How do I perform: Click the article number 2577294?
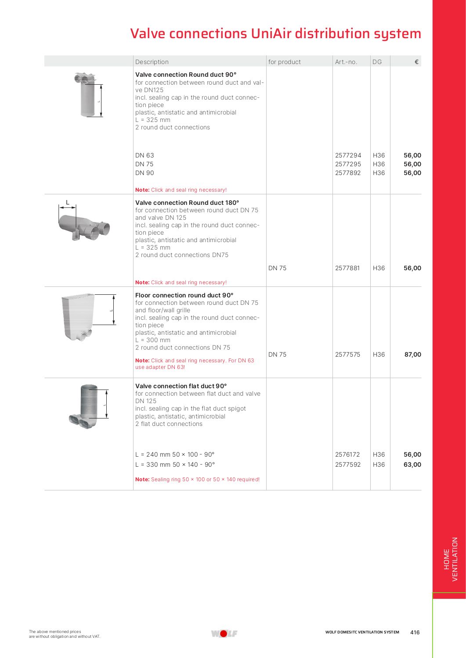pos(348,155)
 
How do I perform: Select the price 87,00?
pos(412,354)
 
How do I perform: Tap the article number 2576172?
pos(347,454)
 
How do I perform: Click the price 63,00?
pos(412,465)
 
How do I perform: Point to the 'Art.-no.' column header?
pos(346,62)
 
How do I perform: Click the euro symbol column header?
pos(416,62)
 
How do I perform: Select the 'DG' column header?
pos(377,62)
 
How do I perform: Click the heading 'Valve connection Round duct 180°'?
pos(187,203)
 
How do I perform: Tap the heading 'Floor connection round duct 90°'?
pos(184,295)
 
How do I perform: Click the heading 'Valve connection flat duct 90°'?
pos(181,386)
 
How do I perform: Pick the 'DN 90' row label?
pos(144,173)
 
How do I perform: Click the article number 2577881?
pos(347,268)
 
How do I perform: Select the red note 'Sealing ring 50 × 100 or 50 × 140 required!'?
pos(197,479)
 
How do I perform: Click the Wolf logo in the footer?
pos(224,633)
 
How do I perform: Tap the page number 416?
pos(415,632)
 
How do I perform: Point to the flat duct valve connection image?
pos(86,406)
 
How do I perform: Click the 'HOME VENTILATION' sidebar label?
pos(451,559)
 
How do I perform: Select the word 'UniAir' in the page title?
pos(271,33)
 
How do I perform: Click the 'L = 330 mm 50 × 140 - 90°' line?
pos(175,465)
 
